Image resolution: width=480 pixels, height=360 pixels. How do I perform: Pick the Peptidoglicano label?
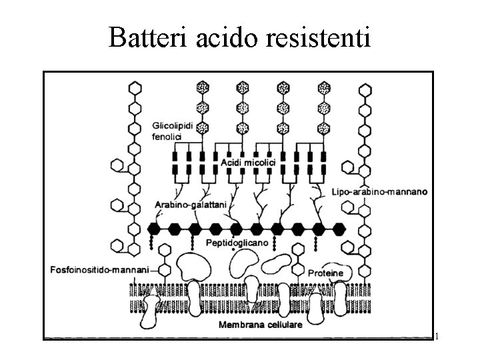point(237,243)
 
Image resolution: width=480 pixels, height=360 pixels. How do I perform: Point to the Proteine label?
point(326,273)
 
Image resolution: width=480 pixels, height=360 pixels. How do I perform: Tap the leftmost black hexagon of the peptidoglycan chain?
point(155,229)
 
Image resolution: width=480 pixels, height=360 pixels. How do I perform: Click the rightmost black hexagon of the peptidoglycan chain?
point(340,229)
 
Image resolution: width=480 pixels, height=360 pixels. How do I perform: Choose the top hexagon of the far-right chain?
point(363,87)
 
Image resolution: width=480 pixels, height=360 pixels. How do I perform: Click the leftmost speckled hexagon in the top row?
point(203,87)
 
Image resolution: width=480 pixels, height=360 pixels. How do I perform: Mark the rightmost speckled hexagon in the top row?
point(325,87)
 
